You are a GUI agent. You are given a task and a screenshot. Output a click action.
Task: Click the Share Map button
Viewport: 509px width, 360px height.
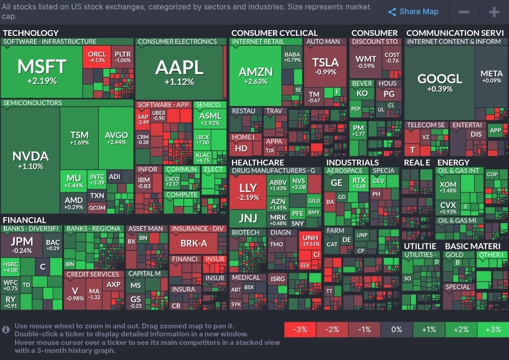click(x=413, y=12)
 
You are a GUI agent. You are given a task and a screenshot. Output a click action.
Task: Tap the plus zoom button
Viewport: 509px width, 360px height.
click(x=494, y=12)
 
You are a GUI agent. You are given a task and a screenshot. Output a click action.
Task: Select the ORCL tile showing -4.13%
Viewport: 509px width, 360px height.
click(x=97, y=57)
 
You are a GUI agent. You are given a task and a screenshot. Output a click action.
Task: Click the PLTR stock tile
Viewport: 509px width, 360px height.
click(x=123, y=57)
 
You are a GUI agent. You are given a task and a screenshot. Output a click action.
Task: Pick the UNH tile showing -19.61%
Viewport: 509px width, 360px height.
click(x=311, y=241)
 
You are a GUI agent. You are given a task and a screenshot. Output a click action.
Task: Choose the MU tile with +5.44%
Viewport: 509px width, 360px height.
click(x=74, y=181)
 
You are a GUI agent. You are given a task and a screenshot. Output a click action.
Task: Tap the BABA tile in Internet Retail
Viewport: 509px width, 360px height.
click(x=293, y=57)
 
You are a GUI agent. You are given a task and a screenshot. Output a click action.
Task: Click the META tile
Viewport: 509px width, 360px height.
click(x=492, y=77)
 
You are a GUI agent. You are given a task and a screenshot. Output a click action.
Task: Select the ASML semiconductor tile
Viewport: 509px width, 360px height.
click(x=210, y=119)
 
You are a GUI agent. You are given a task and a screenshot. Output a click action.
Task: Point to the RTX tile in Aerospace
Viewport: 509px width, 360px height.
click(x=359, y=183)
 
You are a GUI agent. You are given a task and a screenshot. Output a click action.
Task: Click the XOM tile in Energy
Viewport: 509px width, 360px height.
click(x=448, y=187)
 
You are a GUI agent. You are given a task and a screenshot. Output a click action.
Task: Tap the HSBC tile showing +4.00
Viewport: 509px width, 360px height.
click(x=10, y=267)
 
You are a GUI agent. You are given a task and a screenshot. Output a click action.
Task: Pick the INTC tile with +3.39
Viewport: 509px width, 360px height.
click(x=97, y=180)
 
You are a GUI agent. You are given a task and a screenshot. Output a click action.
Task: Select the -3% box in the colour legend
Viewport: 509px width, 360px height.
click(x=300, y=329)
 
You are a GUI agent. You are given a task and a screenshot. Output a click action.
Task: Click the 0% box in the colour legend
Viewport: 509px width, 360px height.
click(x=396, y=329)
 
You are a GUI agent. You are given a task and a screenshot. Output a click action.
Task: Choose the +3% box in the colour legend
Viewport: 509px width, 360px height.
click(x=493, y=329)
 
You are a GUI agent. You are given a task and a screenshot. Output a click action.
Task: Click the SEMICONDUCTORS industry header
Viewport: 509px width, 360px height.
click(x=33, y=103)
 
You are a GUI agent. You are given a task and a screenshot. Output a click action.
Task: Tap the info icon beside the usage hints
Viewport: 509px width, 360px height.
click(x=6, y=329)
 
